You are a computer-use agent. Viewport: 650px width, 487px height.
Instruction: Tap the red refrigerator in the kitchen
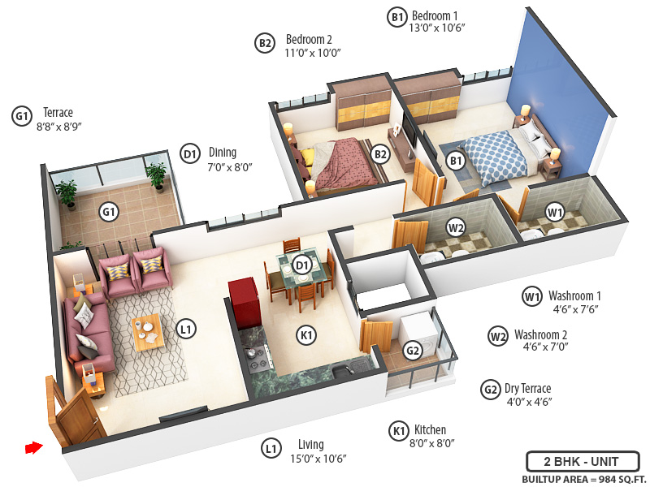tap(243, 302)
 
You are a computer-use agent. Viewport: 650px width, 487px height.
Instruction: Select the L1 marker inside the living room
tap(186, 329)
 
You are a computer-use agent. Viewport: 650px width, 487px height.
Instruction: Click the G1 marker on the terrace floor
tap(108, 213)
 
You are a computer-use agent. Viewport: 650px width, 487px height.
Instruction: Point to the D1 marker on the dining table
tap(302, 265)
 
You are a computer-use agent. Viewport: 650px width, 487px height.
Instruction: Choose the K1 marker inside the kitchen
tap(306, 334)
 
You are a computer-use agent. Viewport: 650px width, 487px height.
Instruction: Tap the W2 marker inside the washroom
tap(456, 228)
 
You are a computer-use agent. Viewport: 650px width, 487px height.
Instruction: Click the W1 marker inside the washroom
tap(555, 213)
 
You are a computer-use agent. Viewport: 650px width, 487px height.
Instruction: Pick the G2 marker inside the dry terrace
tap(413, 351)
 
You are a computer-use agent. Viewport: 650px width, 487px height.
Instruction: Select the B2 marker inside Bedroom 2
tap(380, 152)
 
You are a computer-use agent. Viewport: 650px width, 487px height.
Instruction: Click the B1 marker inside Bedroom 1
tap(456, 162)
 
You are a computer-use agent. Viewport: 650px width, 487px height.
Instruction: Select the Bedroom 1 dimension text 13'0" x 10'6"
tap(438, 28)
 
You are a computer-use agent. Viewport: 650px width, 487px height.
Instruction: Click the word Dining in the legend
tap(223, 152)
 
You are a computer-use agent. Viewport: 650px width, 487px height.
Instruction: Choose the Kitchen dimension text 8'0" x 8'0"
tap(434, 443)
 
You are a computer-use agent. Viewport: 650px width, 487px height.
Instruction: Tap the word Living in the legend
tap(310, 444)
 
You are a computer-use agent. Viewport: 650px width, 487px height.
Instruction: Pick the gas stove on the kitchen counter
tap(257, 354)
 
